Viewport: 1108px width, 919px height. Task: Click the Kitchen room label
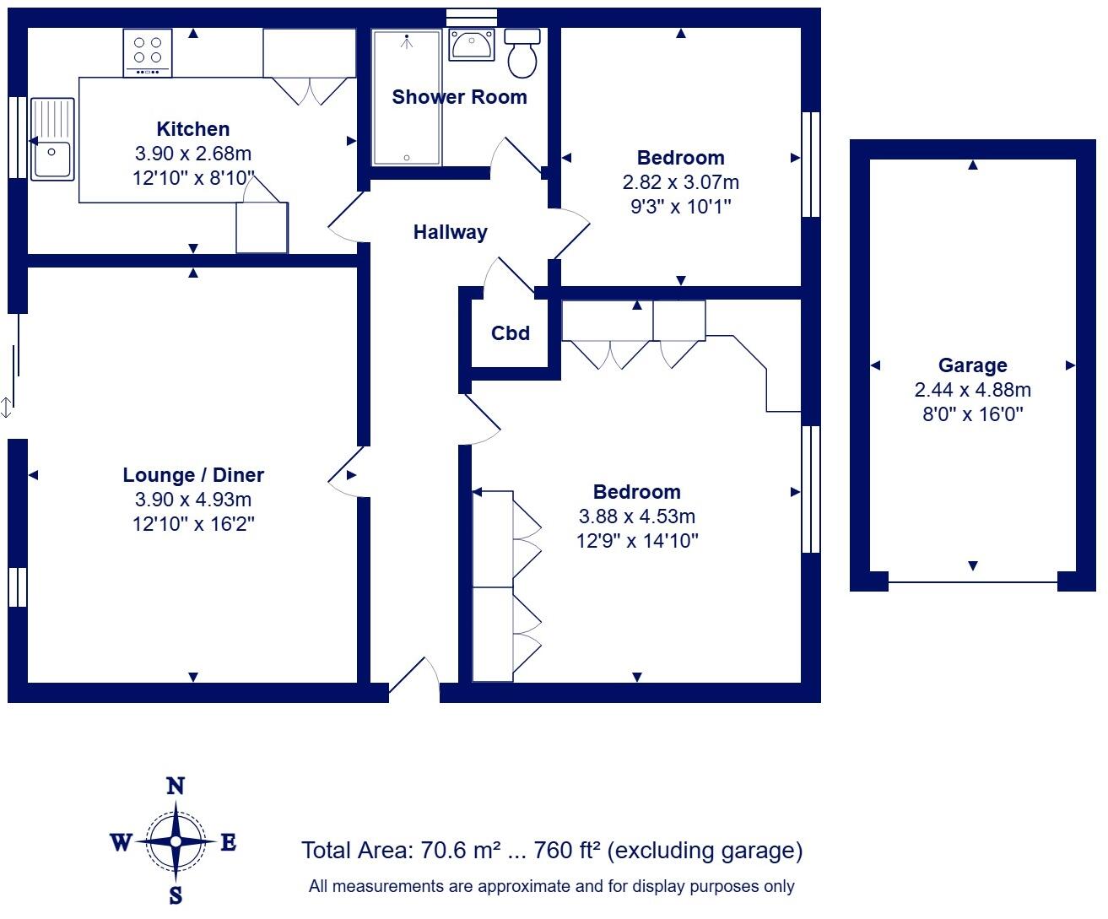(192, 129)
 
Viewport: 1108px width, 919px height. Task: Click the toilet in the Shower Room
(523, 53)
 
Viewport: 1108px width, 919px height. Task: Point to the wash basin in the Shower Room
(472, 44)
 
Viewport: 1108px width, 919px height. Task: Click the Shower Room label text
(459, 97)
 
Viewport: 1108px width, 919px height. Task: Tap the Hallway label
(450, 232)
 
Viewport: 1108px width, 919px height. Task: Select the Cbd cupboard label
(511, 333)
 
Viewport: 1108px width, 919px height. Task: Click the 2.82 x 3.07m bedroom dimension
(680, 182)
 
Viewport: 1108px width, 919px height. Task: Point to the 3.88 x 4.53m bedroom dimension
(636, 516)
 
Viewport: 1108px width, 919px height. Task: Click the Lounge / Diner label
(193, 475)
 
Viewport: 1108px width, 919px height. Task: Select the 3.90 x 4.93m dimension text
(193, 500)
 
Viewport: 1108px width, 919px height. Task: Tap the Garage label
(972, 365)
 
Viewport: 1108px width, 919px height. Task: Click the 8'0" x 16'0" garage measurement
(972, 414)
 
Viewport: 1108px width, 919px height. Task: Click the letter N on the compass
(176, 787)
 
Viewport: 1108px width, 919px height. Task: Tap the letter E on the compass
(228, 842)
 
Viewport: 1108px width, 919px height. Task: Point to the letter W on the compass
(121, 842)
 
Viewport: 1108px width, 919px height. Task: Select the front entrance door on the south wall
(414, 682)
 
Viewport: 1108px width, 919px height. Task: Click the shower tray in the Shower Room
(406, 98)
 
